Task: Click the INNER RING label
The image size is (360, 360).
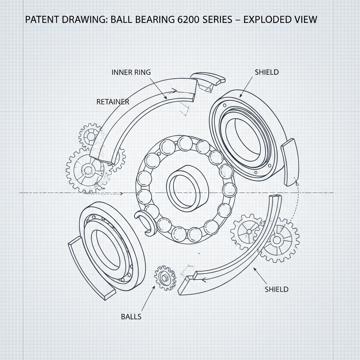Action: click(x=131, y=72)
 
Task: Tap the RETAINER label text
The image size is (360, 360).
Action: click(x=112, y=102)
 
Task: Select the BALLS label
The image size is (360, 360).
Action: click(x=131, y=316)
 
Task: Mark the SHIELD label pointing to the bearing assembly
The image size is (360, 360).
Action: click(x=266, y=72)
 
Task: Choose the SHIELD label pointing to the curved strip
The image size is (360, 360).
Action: click(x=276, y=289)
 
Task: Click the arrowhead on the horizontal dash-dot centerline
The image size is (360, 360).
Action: click(x=121, y=193)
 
